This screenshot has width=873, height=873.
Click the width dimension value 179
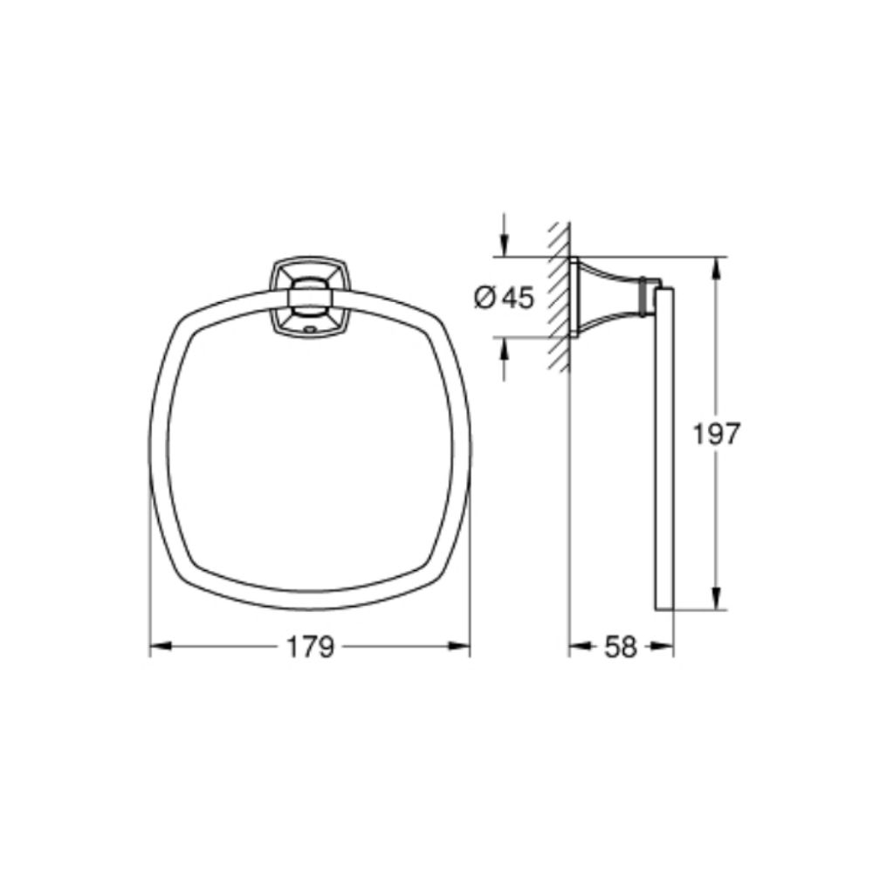[x=310, y=648]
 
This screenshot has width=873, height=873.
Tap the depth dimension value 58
[x=621, y=648]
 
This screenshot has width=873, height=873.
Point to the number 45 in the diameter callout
[x=516, y=298]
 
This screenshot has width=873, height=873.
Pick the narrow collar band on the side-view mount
[x=645, y=297]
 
